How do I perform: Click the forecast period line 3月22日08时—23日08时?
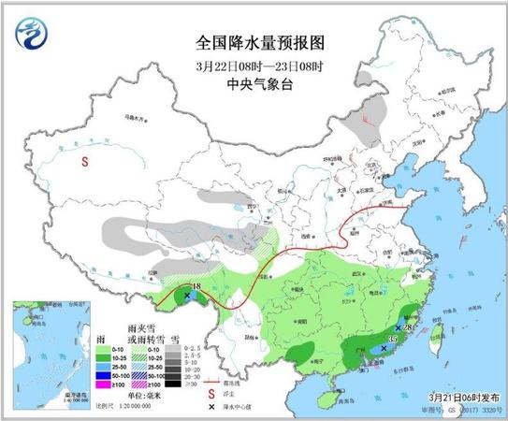253,65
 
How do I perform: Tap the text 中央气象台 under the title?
253,82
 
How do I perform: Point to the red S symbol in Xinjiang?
85,161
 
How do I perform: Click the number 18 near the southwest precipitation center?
196,285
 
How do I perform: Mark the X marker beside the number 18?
189,296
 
